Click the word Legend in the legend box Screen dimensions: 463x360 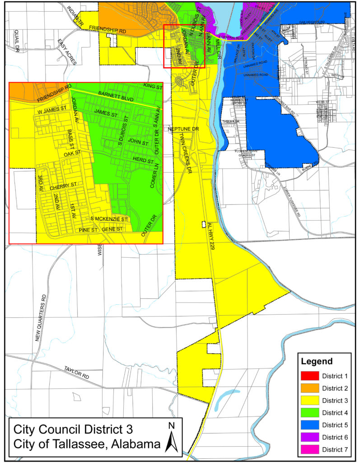[318, 362]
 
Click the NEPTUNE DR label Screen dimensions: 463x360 [183, 129]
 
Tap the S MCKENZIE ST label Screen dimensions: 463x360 [110, 219]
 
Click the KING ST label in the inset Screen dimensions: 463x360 [152, 85]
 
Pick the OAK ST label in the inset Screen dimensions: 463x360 [72, 154]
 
